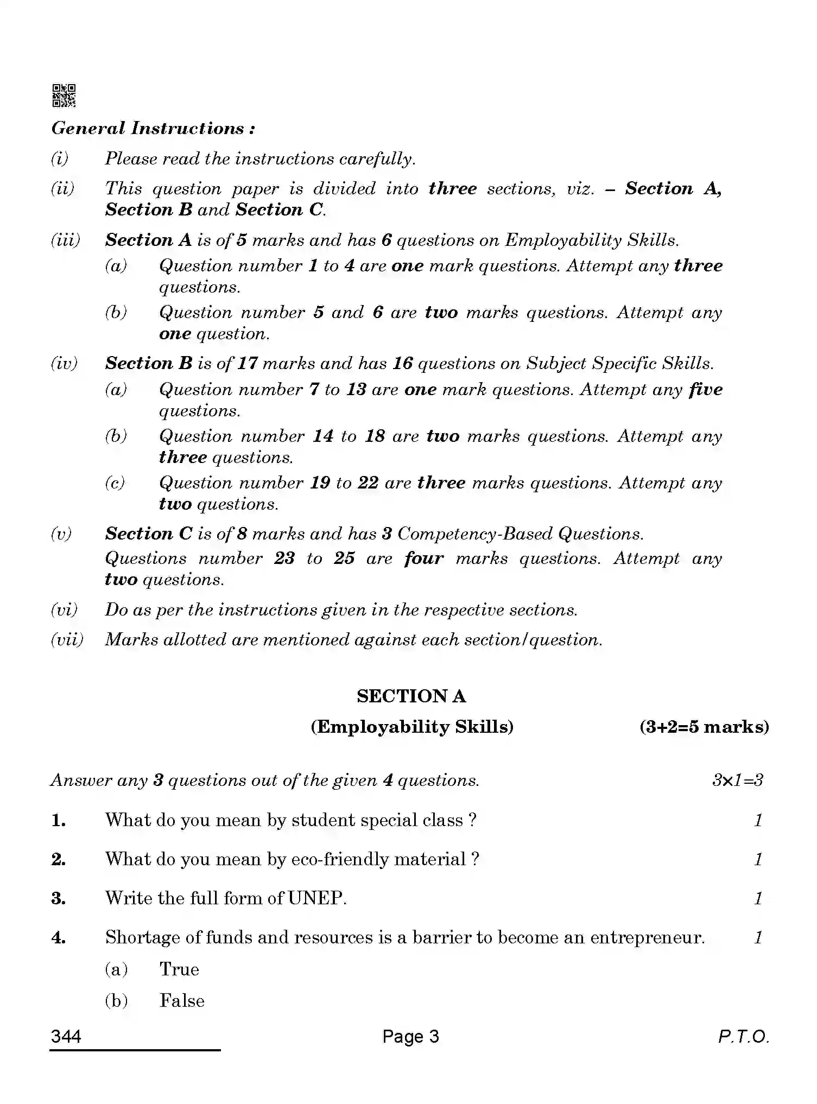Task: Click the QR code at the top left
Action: [x=64, y=96]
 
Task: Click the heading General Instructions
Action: [x=153, y=129]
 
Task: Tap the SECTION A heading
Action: [x=411, y=696]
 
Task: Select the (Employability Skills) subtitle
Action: [x=411, y=727]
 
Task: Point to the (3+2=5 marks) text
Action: [x=704, y=727]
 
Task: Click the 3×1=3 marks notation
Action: [x=737, y=781]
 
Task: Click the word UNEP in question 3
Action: [x=316, y=898]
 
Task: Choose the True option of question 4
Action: [x=179, y=969]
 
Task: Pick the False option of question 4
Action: [x=182, y=1001]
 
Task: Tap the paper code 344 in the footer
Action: [x=66, y=1037]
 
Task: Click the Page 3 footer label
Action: [x=410, y=1037]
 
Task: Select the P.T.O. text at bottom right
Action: [x=743, y=1037]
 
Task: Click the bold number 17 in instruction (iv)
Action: [x=247, y=363]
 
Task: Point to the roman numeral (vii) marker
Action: [x=67, y=639]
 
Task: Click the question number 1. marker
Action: [x=59, y=820]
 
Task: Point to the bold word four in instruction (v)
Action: [x=423, y=559]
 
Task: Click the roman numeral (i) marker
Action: [x=60, y=158]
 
